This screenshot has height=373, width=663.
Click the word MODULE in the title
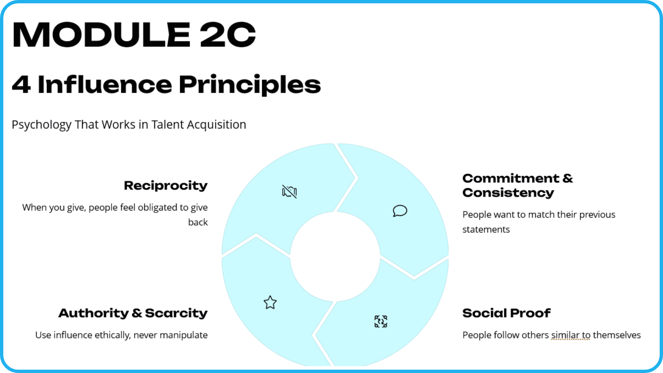pyautogui.click(x=101, y=34)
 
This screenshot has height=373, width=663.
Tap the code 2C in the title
pyautogui.click(x=227, y=34)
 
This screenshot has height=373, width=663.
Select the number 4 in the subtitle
pyautogui.click(x=21, y=85)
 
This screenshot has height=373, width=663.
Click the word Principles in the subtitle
pyautogui.click(x=250, y=85)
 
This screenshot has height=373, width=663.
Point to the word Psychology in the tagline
pyautogui.click(x=41, y=125)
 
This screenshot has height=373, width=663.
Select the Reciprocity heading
pyautogui.click(x=166, y=186)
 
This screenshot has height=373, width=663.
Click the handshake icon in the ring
pyautogui.click(x=290, y=191)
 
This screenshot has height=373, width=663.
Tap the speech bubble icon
pyautogui.click(x=400, y=211)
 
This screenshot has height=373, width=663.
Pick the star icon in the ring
pyautogui.click(x=270, y=303)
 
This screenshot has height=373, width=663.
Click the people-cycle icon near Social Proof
pyautogui.click(x=381, y=322)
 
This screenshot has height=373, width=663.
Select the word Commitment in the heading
pyautogui.click(x=511, y=178)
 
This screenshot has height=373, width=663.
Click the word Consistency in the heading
pyautogui.click(x=508, y=193)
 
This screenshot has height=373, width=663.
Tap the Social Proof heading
pyautogui.click(x=506, y=313)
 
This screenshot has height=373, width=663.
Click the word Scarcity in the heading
pyautogui.click(x=177, y=313)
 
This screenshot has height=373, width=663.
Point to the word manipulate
pyautogui.click(x=184, y=335)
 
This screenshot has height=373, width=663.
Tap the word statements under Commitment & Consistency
pyautogui.click(x=486, y=230)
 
